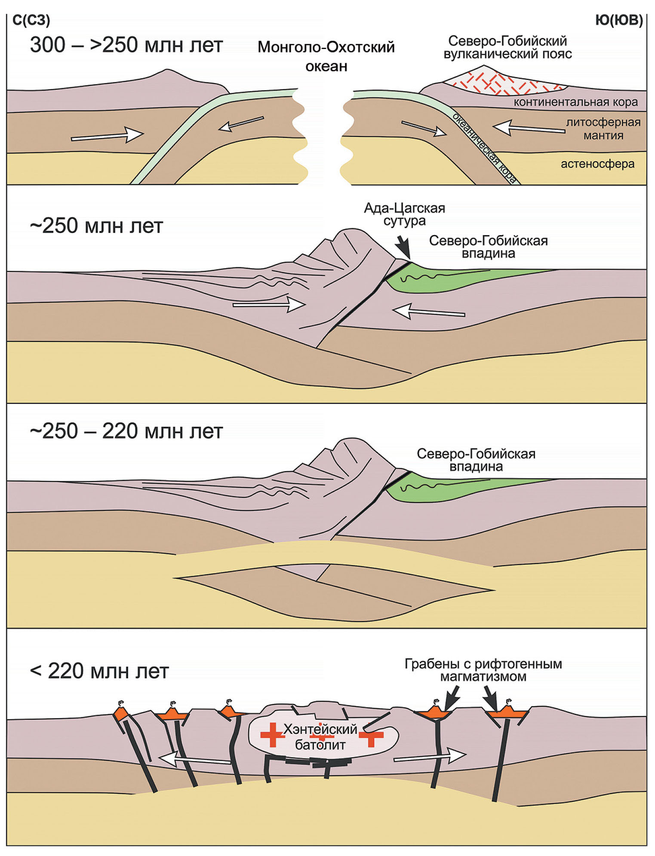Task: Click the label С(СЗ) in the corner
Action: pyautogui.click(x=31, y=20)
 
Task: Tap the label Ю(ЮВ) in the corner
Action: pyautogui.click(x=619, y=20)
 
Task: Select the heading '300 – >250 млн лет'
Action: pyautogui.click(x=126, y=45)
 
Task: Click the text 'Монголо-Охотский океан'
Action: pyautogui.click(x=326, y=56)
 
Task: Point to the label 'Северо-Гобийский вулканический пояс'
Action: pyautogui.click(x=507, y=47)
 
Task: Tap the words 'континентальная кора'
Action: pyautogui.click(x=575, y=102)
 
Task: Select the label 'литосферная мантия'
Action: pyautogui.click(x=603, y=129)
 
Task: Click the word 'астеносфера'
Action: pyautogui.click(x=597, y=164)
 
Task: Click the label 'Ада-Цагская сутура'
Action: pyautogui.click(x=404, y=214)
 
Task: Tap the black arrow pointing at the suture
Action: pyautogui.click(x=403, y=248)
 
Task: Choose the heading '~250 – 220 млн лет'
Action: pyautogui.click(x=126, y=431)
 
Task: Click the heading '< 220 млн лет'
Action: pyautogui.click(x=99, y=671)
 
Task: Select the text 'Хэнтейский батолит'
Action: pyautogui.click(x=320, y=737)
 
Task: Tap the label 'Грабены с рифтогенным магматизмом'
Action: pyautogui.click(x=483, y=670)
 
